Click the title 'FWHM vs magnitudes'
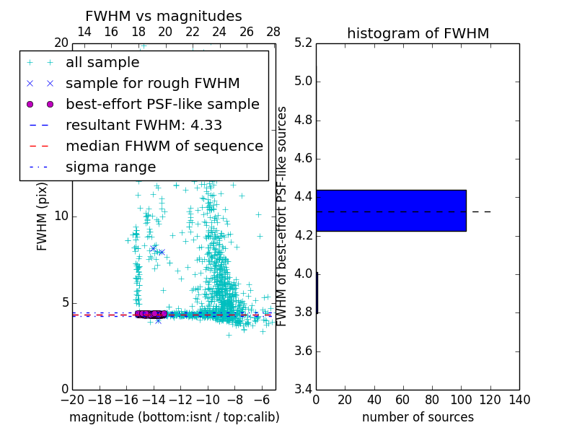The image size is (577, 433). [163, 16]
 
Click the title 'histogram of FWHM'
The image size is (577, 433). [418, 33]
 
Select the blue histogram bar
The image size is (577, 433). [391, 210]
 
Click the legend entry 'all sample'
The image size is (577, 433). [102, 63]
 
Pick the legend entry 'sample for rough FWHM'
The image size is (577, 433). [152, 83]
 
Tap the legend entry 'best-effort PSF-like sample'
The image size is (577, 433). [162, 104]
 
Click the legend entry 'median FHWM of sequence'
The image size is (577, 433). [164, 146]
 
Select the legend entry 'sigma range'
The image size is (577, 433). [110, 167]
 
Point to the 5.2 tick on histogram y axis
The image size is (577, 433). [304, 43]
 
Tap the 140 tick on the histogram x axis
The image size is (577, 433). [519, 401]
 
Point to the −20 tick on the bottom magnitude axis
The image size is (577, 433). [72, 401]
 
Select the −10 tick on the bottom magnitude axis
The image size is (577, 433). [208, 401]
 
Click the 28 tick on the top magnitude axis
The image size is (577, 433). [273, 32]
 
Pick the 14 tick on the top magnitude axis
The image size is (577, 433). [84, 32]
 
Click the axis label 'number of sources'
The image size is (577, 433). [418, 417]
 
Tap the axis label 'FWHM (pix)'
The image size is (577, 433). [43, 216]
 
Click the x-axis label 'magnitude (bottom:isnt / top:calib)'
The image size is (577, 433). [174, 417]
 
